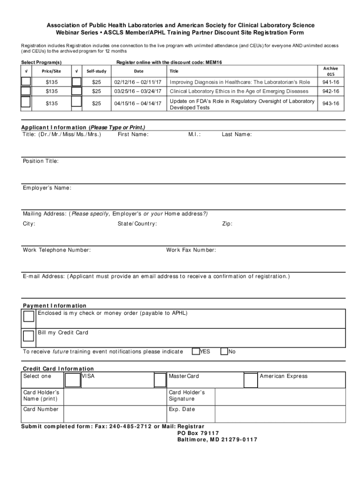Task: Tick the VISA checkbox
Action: coord(72,380)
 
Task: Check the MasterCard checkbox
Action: coord(160,380)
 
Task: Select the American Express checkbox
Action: coord(251,380)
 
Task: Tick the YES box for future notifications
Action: coord(196,351)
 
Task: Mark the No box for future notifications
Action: coord(224,351)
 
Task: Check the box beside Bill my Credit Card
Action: coord(29,335)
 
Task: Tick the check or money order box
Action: coord(29,316)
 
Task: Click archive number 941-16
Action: coord(331,82)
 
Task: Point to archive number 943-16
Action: coord(331,104)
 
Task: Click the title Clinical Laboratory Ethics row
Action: coord(239,91)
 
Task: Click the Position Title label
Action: coord(41,161)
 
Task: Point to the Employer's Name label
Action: coord(47,188)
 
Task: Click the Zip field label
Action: coord(227,224)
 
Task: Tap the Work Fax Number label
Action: coord(191,250)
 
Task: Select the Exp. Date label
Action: coord(182,409)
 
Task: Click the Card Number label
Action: coord(41,409)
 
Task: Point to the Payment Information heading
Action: coord(55,305)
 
